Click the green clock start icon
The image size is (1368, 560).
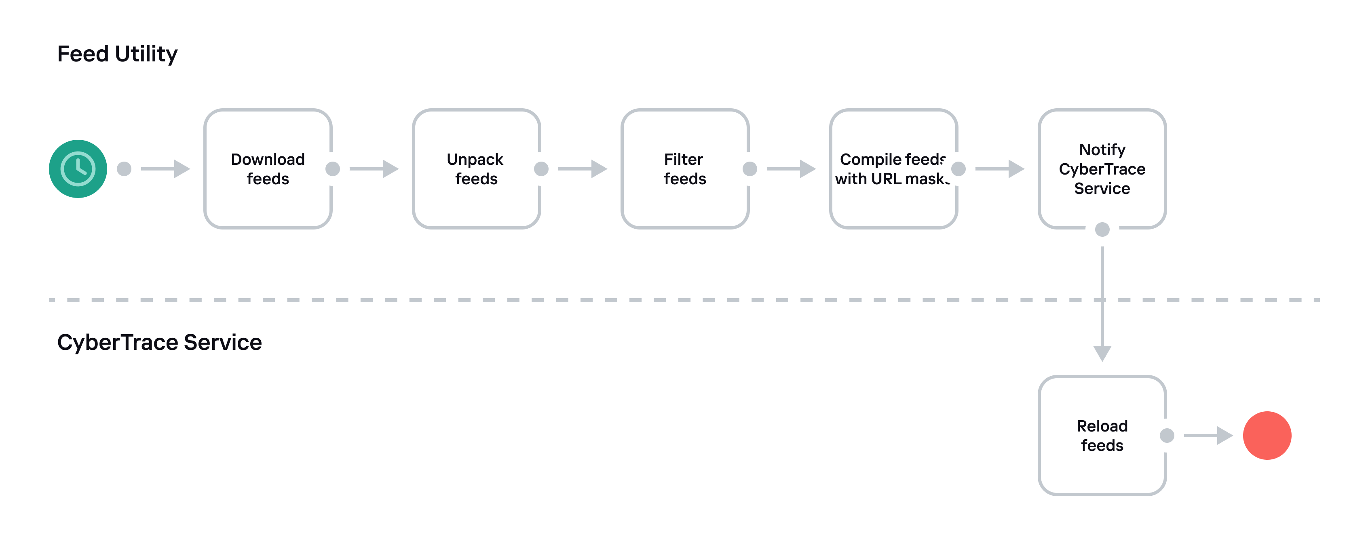point(78,169)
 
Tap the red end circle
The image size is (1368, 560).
point(1267,435)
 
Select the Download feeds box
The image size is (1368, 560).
point(268,169)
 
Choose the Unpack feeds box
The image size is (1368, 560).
point(476,169)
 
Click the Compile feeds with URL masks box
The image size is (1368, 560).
point(893,169)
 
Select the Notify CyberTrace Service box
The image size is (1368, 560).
point(1102,169)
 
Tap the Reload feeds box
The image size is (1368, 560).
point(1102,435)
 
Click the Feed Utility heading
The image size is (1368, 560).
point(117,54)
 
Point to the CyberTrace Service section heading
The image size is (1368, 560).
point(159,342)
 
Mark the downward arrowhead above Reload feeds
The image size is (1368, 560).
point(1102,352)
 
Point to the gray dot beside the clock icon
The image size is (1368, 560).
point(124,169)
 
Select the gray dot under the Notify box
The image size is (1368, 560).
point(1102,229)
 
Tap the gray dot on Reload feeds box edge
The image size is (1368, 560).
point(1167,435)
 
